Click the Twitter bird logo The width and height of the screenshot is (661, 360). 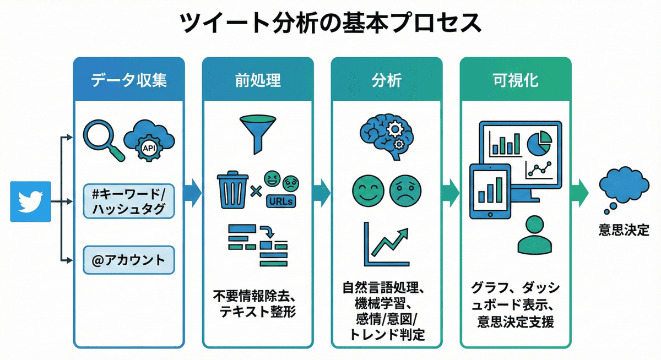coord(30,201)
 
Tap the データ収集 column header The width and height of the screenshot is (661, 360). coord(129,80)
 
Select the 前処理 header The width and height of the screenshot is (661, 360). coord(258,80)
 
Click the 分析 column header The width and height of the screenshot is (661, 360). coord(386,80)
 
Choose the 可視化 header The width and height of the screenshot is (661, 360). coord(516,80)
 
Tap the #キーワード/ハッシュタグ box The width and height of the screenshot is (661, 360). coord(128,201)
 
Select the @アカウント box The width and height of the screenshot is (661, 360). coord(128,260)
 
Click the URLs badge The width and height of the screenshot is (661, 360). coord(280,201)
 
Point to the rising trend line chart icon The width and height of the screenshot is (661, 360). coord(386,243)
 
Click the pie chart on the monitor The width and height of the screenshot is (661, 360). coord(539,143)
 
